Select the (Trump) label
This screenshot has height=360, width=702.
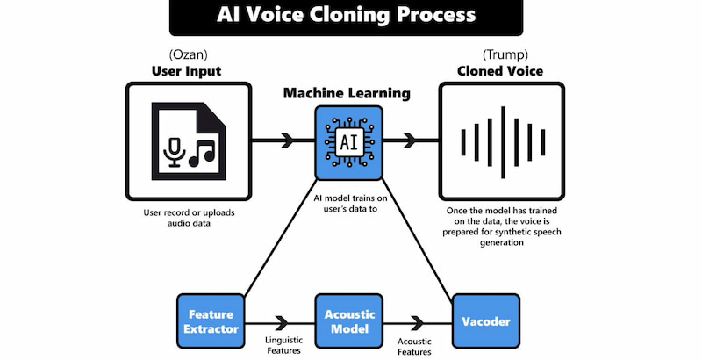click(x=500, y=54)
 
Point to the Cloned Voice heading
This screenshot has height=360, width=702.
click(x=500, y=71)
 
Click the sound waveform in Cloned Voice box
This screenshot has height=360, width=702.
click(x=500, y=140)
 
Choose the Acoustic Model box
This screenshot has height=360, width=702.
click(x=348, y=321)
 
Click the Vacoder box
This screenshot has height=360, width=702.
click(x=485, y=321)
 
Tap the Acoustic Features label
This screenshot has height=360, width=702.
click(x=414, y=346)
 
